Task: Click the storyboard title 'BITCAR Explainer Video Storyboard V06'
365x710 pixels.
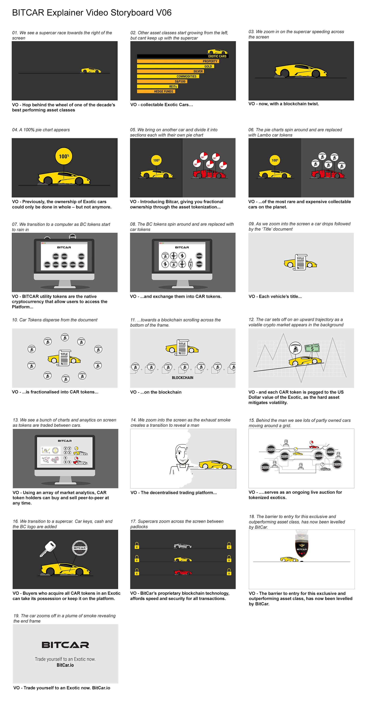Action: click(92, 13)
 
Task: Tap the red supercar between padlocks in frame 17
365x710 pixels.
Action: click(183, 572)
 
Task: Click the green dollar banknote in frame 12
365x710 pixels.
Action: click(312, 348)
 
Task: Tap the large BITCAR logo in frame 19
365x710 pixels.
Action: click(65, 645)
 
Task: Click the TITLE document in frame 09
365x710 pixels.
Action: click(300, 262)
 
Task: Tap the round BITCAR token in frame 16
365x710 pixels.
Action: click(79, 548)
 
